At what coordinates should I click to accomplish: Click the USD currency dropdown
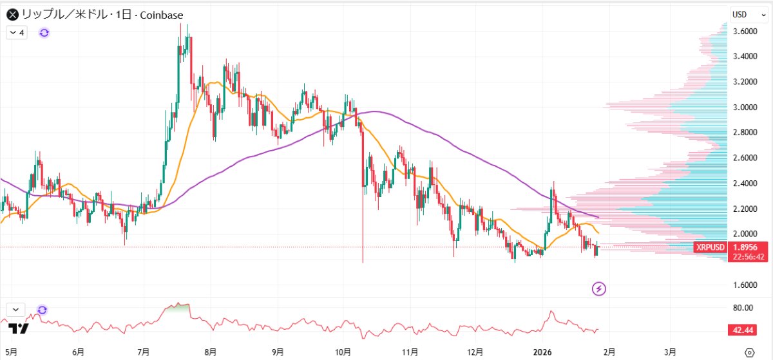click(747, 14)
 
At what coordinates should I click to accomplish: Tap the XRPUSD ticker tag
click(711, 247)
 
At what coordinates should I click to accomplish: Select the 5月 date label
click(11, 352)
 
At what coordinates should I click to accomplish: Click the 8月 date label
click(210, 352)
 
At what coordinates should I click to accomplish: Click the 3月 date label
click(671, 352)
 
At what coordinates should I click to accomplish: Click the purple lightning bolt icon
click(599, 289)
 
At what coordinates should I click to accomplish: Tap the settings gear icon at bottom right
click(749, 352)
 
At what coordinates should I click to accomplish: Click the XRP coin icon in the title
click(11, 14)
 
